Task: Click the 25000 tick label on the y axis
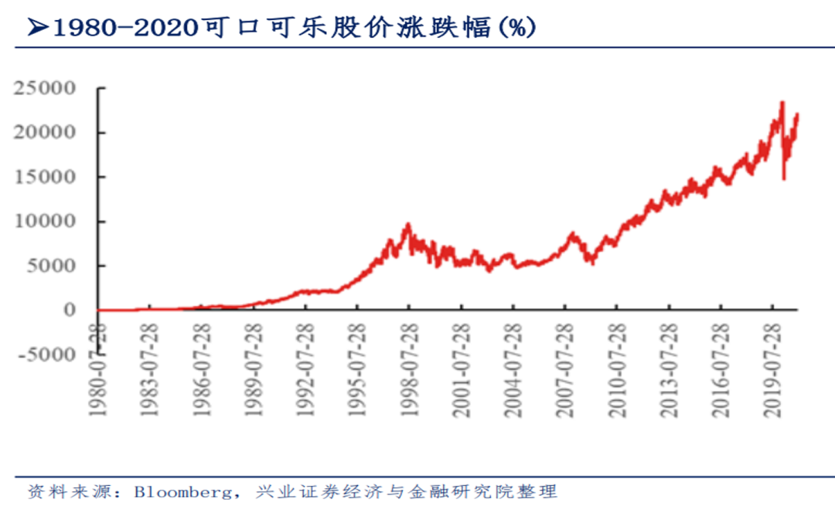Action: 43,88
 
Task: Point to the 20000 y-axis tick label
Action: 43,132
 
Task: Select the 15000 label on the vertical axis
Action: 43,177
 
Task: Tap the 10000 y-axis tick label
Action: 43,221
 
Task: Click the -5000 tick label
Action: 43,355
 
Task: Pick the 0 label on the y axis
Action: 69,310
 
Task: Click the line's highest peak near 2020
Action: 782,102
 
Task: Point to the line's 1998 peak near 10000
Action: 408,224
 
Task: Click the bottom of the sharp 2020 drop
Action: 784,179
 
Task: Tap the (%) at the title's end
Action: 516,28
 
